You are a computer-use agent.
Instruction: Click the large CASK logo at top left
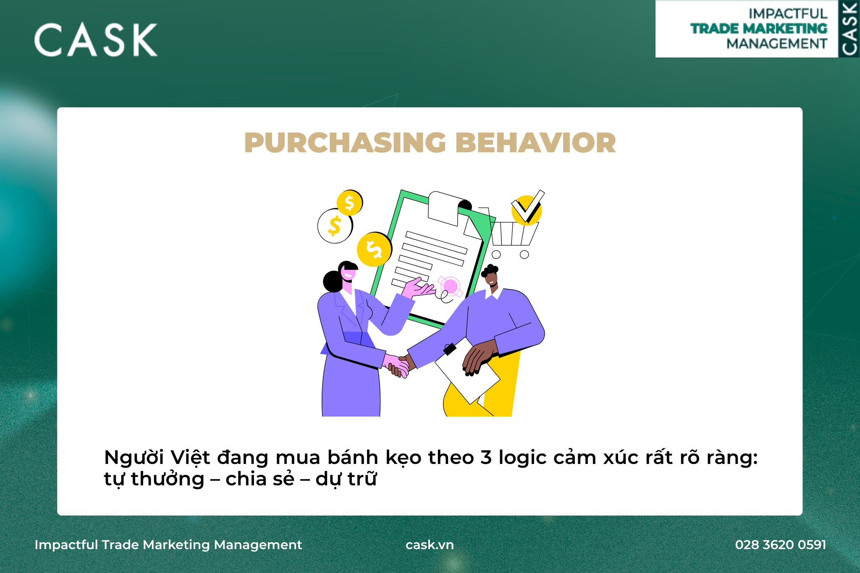pos(96,40)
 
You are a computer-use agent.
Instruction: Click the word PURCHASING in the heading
pos(345,143)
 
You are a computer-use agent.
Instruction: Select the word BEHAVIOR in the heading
pos(536,143)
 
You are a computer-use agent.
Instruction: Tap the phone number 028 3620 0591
pos(780,544)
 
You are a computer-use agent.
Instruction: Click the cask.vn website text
pos(430,544)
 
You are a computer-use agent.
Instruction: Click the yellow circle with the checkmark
pos(527,210)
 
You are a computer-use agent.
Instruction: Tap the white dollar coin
pos(335,226)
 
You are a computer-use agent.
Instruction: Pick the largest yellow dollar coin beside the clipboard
pos(374,249)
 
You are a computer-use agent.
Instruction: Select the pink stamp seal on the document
pos(450,287)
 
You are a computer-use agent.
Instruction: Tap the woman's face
pos(349,273)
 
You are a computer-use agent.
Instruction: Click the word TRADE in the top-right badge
pos(714,29)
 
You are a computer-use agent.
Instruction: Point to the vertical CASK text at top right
pos(849,29)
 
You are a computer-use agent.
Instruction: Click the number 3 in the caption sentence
pos(486,457)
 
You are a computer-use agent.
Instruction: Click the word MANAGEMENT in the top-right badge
pos(777,44)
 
